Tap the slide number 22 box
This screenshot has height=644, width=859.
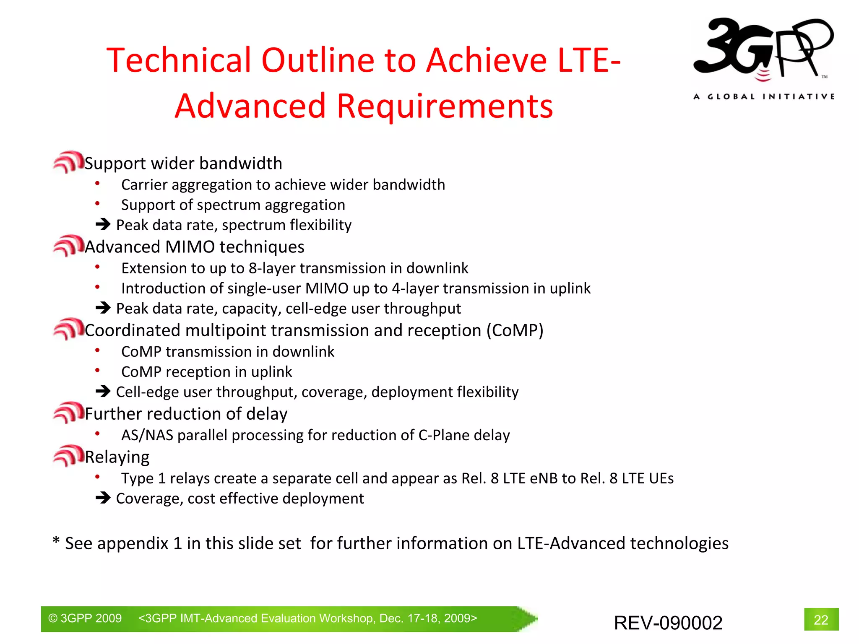pyautogui.click(x=821, y=619)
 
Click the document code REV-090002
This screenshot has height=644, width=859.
pyautogui.click(x=668, y=623)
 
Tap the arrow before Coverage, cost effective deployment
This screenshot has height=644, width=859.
pyautogui.click(x=103, y=498)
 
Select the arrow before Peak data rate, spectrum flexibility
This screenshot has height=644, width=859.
pyautogui.click(x=103, y=224)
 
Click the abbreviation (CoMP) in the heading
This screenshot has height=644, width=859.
pyautogui.click(x=515, y=330)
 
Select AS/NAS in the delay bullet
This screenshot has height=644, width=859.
pyautogui.click(x=147, y=435)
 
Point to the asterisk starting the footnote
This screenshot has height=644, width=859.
pyautogui.click(x=56, y=541)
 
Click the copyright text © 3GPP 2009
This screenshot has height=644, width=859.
pyautogui.click(x=85, y=618)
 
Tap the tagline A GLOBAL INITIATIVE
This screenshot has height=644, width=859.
pyautogui.click(x=763, y=96)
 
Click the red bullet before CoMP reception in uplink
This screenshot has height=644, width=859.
pyautogui.click(x=97, y=370)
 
